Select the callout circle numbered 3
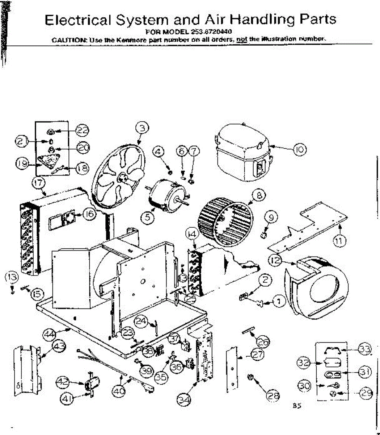click(142, 128)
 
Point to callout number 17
click(38, 183)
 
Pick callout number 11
click(339, 240)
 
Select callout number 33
click(364, 349)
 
